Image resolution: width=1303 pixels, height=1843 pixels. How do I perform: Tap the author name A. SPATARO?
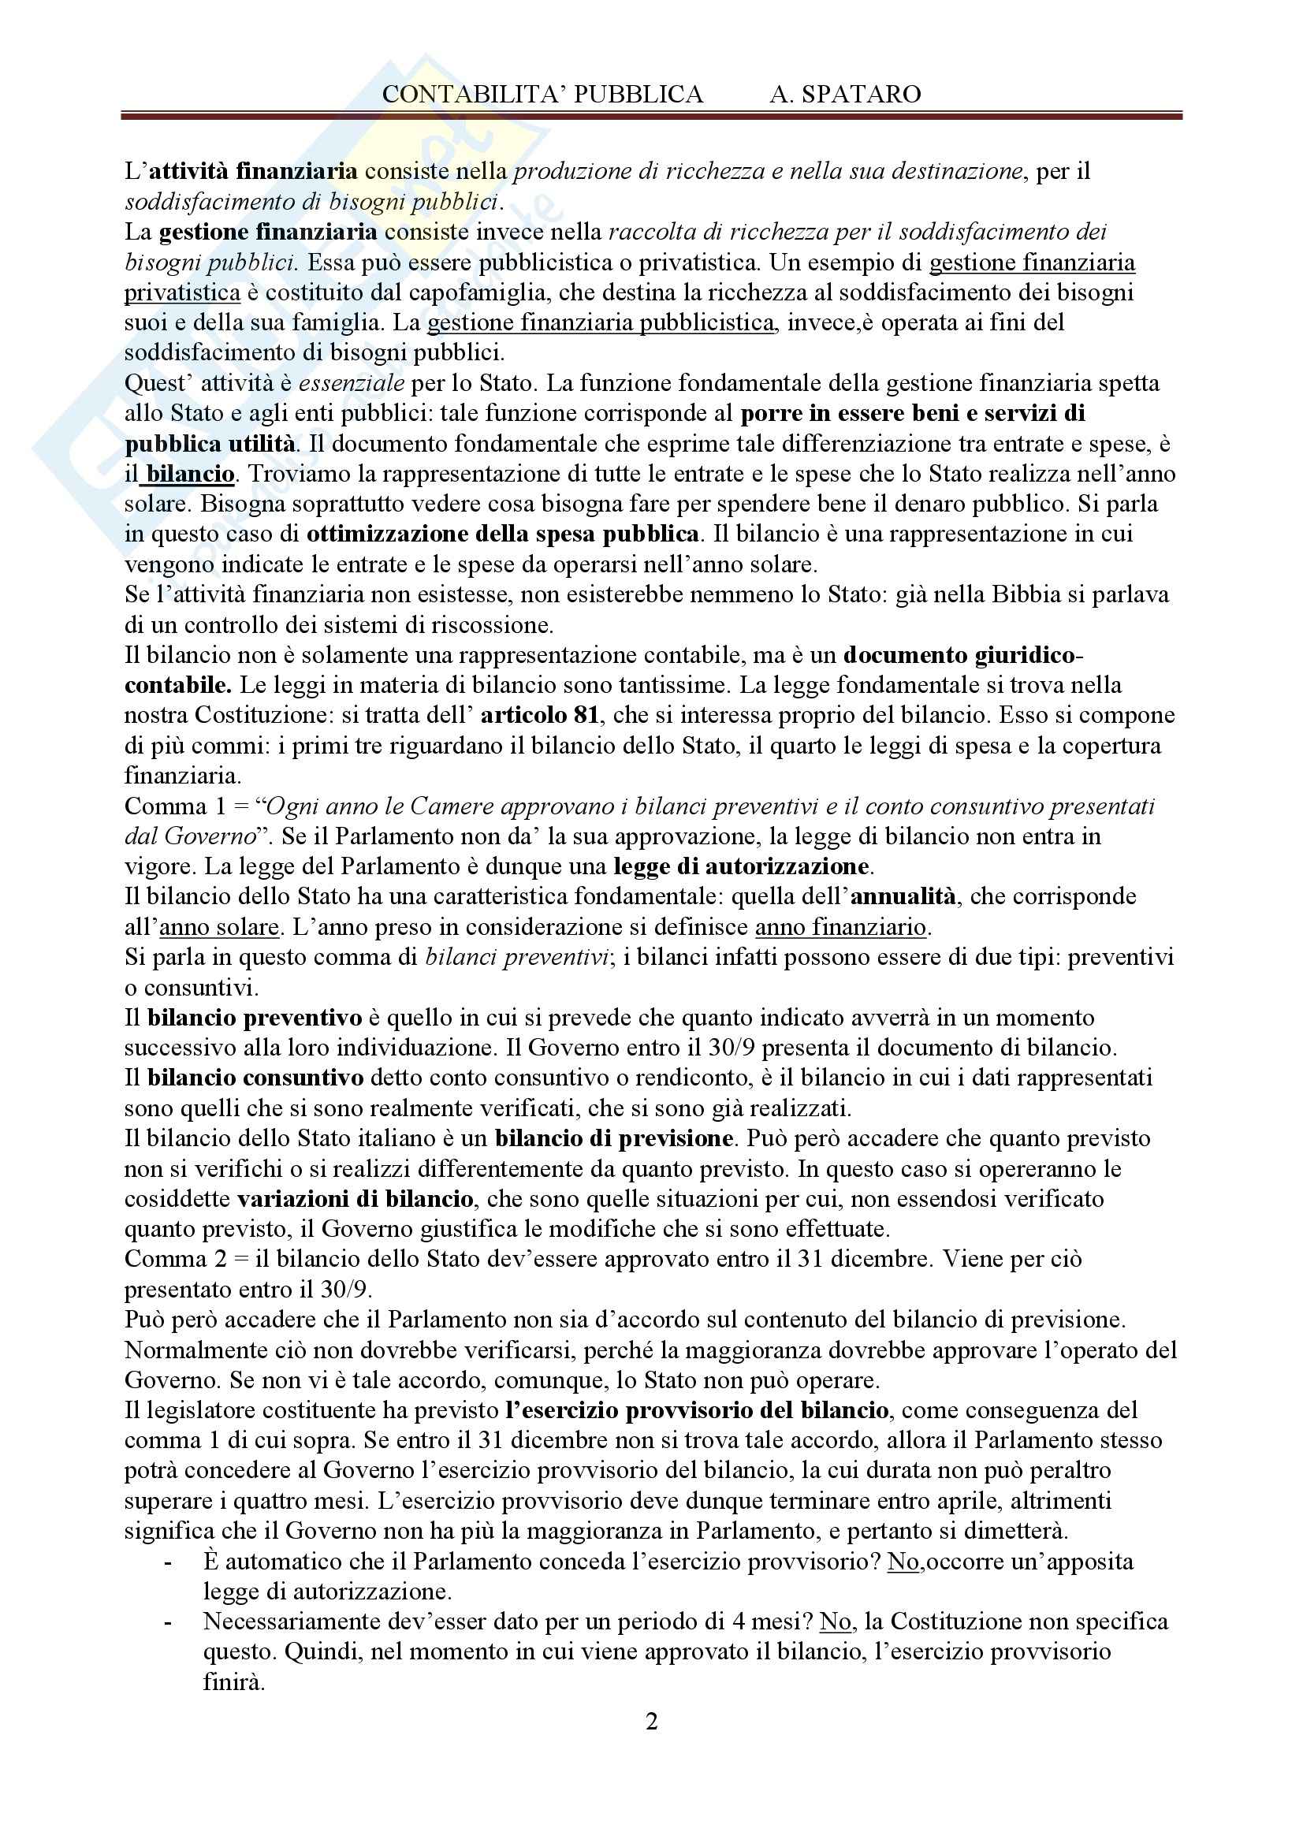(844, 95)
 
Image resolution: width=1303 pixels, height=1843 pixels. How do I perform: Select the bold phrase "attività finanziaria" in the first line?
(254, 171)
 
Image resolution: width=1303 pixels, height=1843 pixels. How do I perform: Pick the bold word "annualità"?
(903, 895)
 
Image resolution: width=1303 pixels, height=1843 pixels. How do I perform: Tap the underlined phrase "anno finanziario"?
(840, 927)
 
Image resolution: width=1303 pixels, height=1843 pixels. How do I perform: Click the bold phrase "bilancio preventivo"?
(255, 1018)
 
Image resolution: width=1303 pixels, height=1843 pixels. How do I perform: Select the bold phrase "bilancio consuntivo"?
(255, 1078)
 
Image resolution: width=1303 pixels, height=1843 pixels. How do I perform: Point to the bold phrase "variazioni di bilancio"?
(355, 1199)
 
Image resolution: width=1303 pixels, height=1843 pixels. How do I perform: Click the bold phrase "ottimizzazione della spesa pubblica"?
(503, 534)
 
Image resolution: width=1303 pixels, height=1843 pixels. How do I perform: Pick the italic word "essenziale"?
(352, 383)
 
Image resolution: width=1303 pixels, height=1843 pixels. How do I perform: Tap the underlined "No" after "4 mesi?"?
(835, 1621)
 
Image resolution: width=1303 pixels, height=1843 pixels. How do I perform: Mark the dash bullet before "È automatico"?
(168, 1562)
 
